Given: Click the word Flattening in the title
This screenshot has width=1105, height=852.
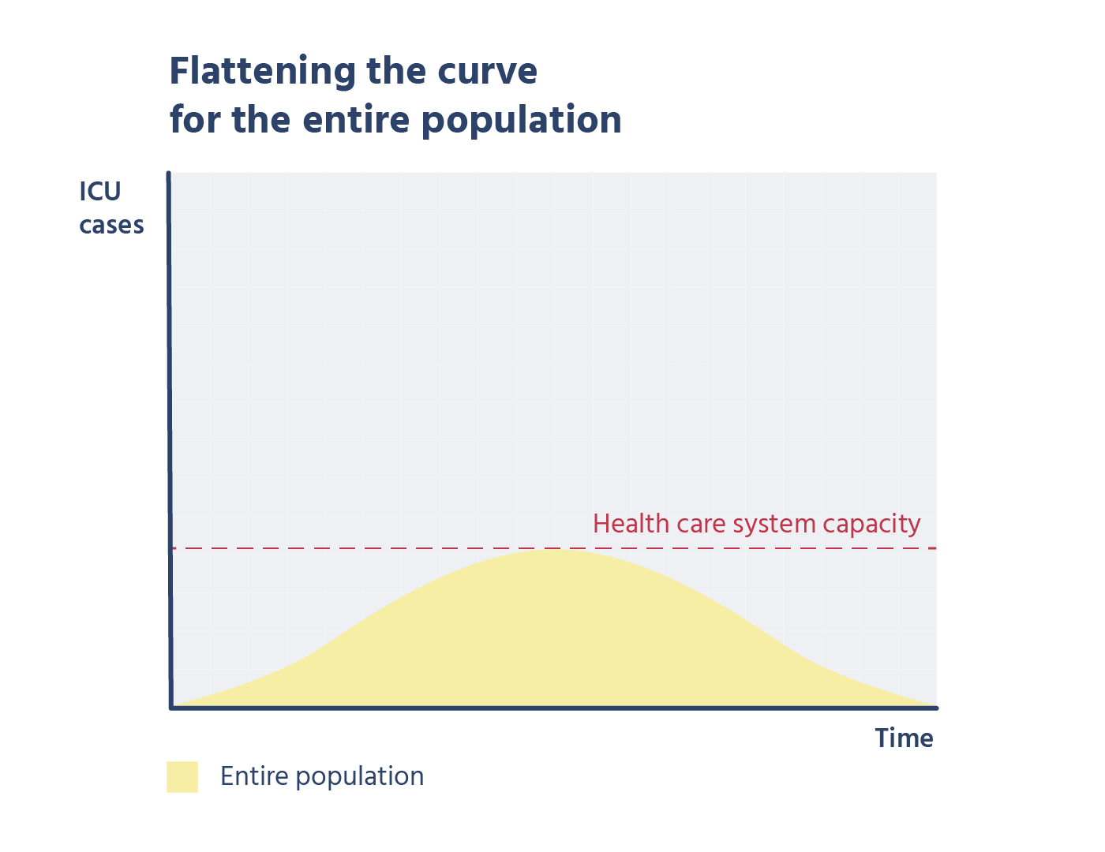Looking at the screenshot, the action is pos(262,72).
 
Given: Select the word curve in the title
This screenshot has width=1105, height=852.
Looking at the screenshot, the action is pos(487,72).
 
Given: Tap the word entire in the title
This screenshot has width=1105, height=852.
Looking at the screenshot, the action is pos(356,120).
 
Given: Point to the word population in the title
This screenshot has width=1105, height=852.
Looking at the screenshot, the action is pos(521,121).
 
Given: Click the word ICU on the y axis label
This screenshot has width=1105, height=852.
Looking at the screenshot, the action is pos(100,192).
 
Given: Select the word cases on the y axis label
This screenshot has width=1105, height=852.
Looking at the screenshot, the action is pos(111,225).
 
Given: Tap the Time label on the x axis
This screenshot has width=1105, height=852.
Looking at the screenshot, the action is pos(904,738).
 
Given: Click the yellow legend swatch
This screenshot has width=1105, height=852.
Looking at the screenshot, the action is pos(182,776).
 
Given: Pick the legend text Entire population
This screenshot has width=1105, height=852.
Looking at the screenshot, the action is pos(322,776).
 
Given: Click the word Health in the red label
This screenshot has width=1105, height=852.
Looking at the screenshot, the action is pos(631,523).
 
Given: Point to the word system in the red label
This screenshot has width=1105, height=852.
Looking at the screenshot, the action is pos(774,525).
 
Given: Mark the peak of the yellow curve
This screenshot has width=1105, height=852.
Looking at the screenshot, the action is pos(553,550).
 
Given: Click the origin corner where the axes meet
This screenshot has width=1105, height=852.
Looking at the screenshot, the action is pos(171,708).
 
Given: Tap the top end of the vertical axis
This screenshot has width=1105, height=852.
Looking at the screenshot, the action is pos(168,174).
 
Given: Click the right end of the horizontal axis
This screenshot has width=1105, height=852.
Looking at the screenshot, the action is pos(937,708).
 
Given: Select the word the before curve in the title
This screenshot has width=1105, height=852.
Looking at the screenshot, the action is pos(396,71).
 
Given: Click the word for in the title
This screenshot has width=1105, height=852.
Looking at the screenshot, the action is pos(195,120).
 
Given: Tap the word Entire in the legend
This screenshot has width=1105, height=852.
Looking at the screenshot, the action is pos(254,775).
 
